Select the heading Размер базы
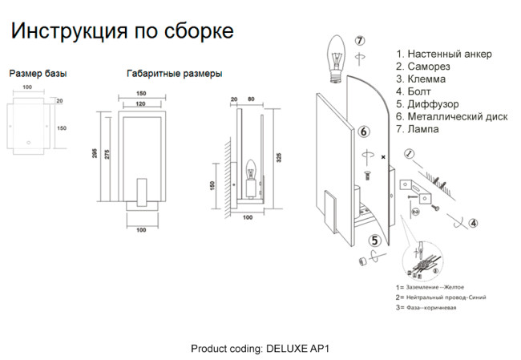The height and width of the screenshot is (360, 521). coord(38,74)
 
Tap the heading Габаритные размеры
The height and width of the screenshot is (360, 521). coord(175,74)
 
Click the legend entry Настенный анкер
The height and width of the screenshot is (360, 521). coord(449,54)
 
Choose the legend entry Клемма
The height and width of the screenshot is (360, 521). coord(426,79)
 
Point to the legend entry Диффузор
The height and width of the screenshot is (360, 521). coord(432,104)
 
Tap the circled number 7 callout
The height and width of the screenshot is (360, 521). coord(360,40)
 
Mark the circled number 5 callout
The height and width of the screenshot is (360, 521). coord(374,239)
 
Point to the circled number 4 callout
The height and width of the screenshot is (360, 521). coord(473,223)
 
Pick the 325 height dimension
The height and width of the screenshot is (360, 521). coord(279,158)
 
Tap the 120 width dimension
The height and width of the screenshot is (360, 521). coord(140,104)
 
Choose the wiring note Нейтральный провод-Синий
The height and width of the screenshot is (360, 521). coord(445,297)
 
